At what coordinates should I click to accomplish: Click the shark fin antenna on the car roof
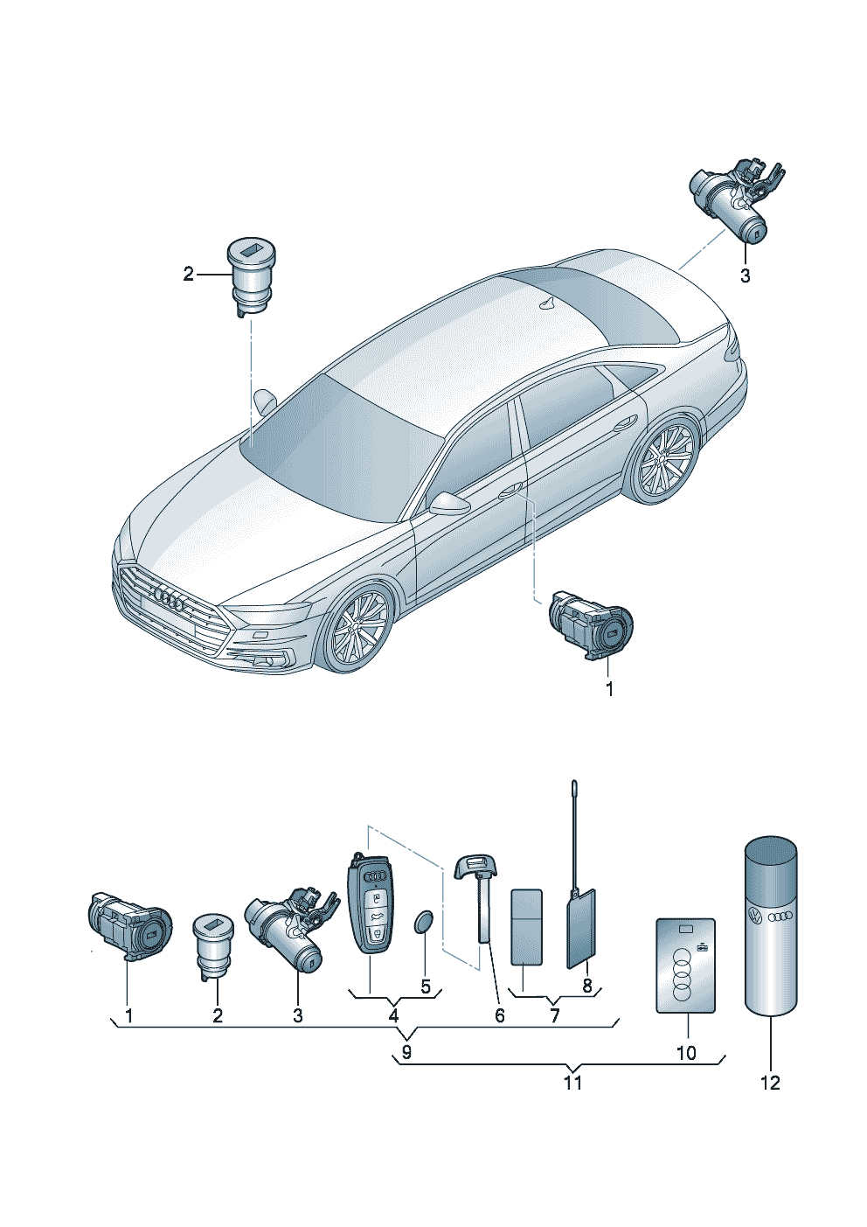tap(549, 303)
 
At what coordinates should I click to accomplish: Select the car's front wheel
tap(358, 628)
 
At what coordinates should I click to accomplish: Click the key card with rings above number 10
tap(686, 965)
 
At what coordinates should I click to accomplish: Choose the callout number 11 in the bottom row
tap(572, 1083)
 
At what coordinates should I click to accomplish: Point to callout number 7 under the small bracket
tap(554, 1016)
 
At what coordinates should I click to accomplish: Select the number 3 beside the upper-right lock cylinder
tap(745, 276)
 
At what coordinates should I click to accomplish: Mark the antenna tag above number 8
tap(580, 927)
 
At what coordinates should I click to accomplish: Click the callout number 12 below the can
tap(770, 1083)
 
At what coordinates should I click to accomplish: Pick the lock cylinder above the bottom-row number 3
tap(291, 933)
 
